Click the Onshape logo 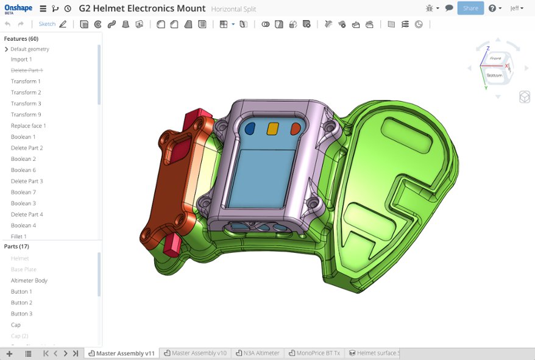(18, 9)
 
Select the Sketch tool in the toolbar (47, 24)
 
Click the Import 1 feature (21, 59)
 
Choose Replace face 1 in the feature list (28, 125)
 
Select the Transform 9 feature (26, 115)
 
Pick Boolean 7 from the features (23, 192)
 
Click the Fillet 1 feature (19, 236)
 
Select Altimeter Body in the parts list (29, 280)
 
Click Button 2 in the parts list (21, 303)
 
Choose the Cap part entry (16, 325)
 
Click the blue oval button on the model (250, 129)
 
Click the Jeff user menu (516, 9)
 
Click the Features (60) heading (21, 38)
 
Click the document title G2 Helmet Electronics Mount (142, 9)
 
